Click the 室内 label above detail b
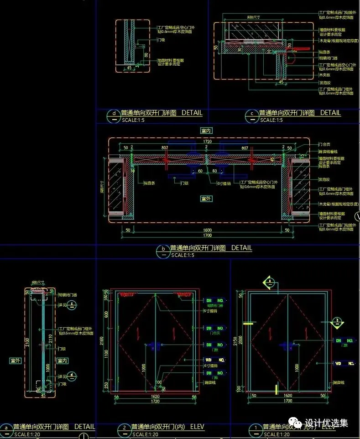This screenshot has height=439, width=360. [x=206, y=131]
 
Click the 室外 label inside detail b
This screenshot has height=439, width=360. [x=206, y=199]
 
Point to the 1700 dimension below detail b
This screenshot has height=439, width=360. [x=207, y=236]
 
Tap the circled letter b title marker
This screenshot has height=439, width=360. [x=163, y=249]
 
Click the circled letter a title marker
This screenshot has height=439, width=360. [x=6, y=428]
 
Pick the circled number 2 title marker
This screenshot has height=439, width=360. [x=125, y=428]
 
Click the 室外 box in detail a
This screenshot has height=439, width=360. [x=15, y=361]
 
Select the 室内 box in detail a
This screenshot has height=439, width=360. [x=63, y=361]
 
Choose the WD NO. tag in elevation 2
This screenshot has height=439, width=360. [x=215, y=360]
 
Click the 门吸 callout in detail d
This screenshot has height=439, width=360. [x=161, y=40]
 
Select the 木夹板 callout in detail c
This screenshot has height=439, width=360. [x=324, y=75]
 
